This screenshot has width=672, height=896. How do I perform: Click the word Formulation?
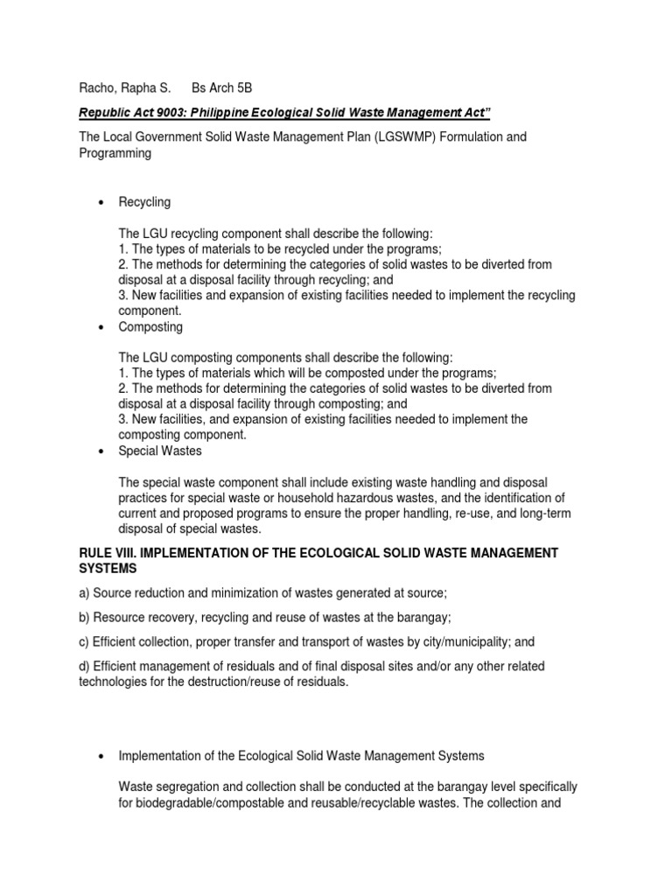coord(473,137)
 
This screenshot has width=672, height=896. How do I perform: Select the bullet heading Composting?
coord(150,326)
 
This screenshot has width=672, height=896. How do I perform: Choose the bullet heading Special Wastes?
coord(160,451)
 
